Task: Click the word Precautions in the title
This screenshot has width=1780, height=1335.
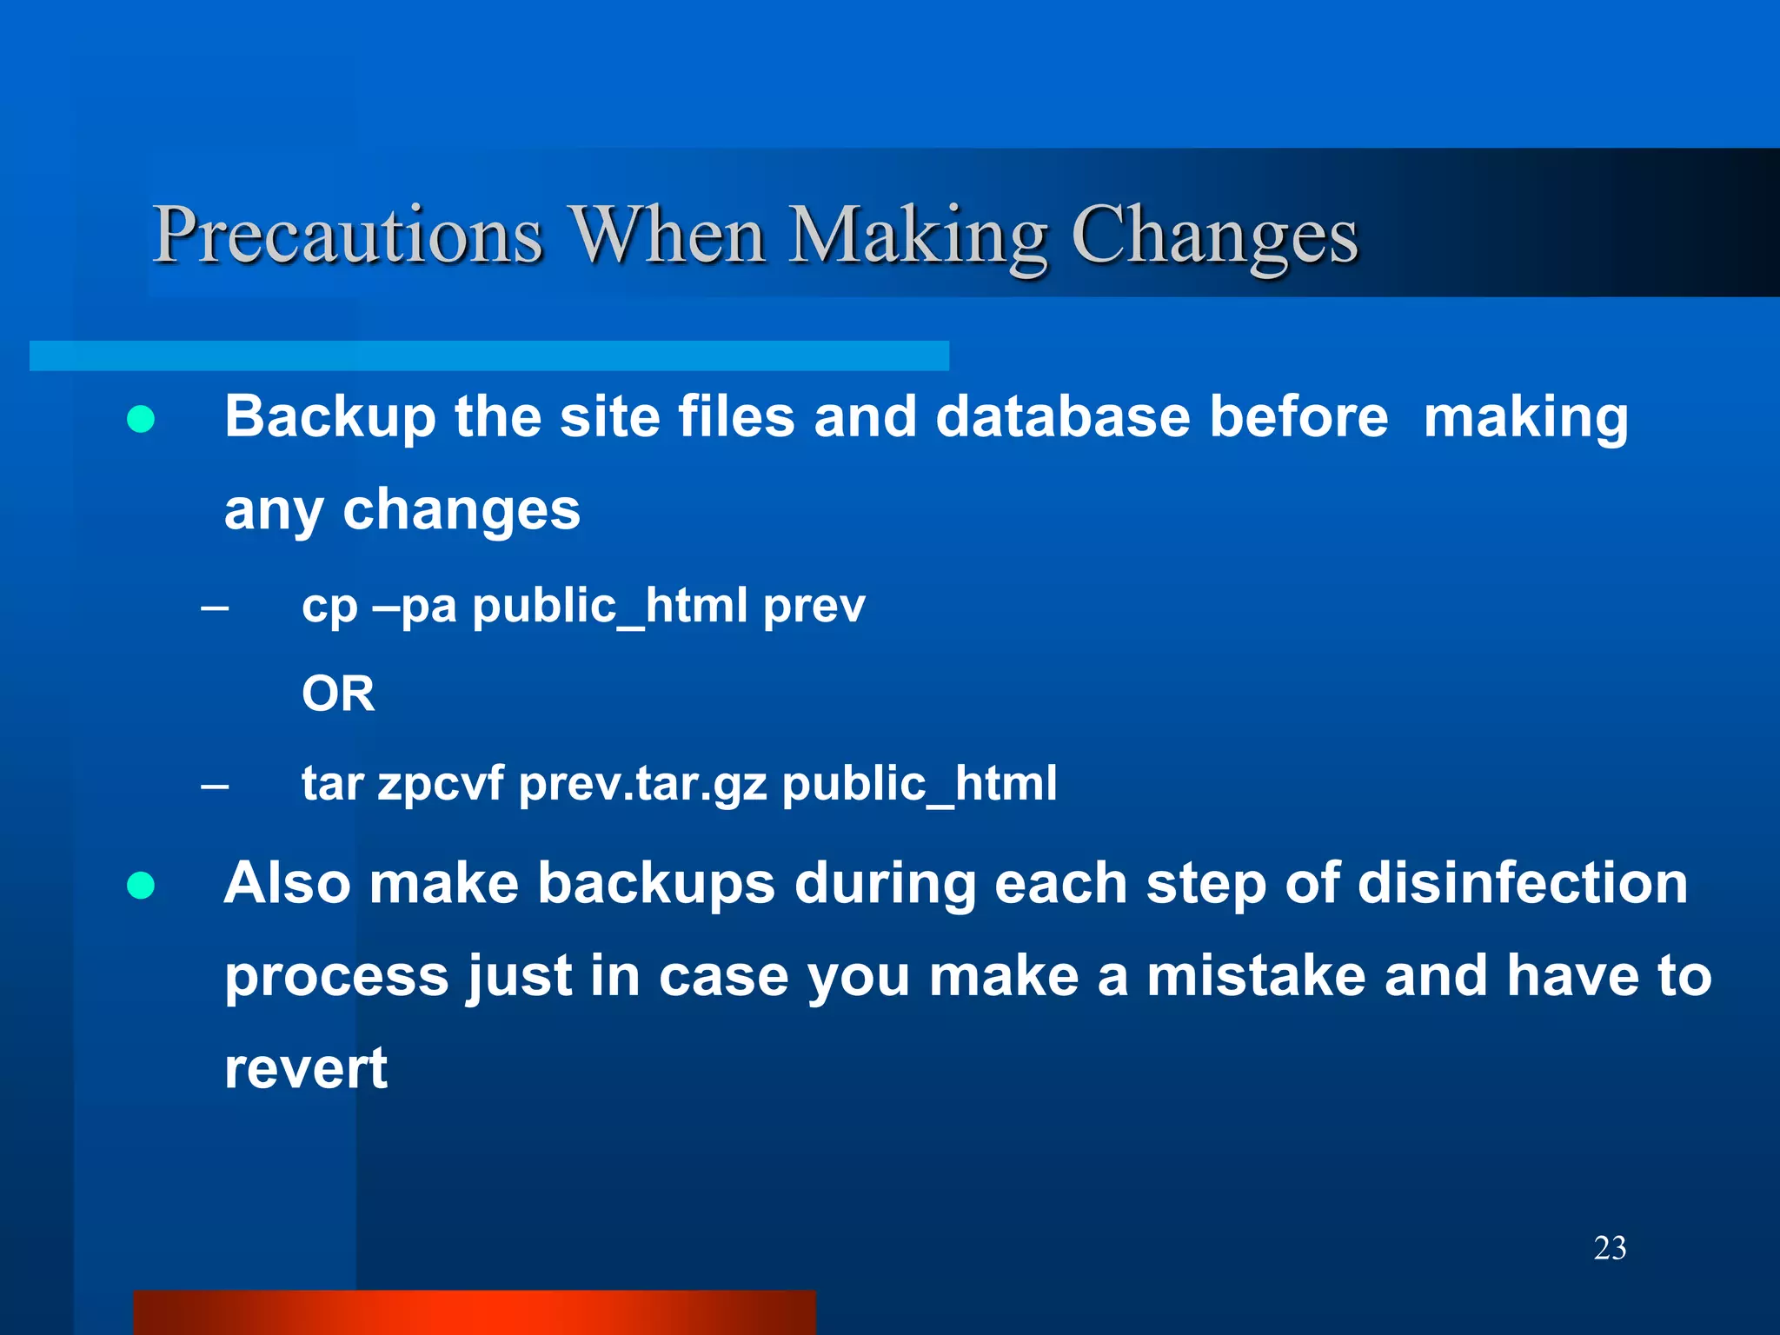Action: pos(348,236)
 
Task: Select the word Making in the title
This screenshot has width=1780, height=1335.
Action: pos(918,236)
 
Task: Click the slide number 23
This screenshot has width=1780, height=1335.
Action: pos(1610,1248)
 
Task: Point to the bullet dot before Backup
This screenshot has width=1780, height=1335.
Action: pos(141,420)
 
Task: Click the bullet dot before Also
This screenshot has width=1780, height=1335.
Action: pos(141,886)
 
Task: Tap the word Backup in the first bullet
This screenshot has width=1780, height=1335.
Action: pos(330,417)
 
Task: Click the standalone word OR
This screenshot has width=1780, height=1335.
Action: pos(338,694)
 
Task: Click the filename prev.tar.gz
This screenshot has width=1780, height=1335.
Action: pos(643,784)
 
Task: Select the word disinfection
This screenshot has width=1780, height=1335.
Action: pos(1522,883)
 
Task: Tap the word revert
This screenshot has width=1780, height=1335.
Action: pos(305,1069)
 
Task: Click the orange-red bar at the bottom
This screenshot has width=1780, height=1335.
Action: pos(474,1312)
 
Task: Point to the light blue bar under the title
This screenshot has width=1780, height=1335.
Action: pos(488,355)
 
